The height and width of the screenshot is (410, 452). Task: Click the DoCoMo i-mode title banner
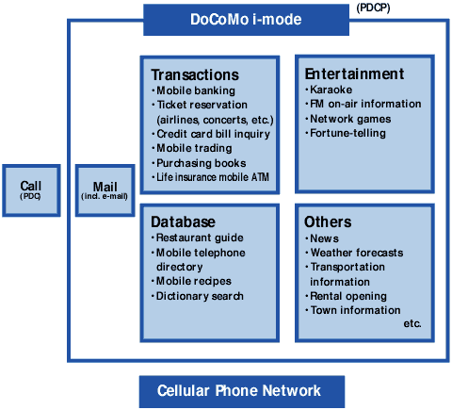click(246, 20)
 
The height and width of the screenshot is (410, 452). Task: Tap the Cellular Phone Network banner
click(242, 391)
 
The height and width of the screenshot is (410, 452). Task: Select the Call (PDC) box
click(31, 190)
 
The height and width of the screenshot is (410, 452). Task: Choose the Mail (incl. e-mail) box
click(105, 190)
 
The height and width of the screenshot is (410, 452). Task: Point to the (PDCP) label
click(373, 8)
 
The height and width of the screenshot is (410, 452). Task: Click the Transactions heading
click(195, 74)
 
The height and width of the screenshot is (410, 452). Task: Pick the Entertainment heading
click(354, 74)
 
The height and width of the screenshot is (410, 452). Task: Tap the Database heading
click(183, 221)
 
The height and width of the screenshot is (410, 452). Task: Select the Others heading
click(328, 221)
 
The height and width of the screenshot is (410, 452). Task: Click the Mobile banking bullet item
click(193, 90)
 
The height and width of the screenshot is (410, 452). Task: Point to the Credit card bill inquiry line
click(211, 134)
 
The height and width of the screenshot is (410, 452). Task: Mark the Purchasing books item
click(199, 163)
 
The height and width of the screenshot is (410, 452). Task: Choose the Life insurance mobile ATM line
click(210, 177)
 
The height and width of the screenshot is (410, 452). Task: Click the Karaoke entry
click(329, 90)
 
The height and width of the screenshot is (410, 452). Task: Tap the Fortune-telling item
click(346, 133)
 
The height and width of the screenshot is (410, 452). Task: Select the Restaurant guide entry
click(198, 238)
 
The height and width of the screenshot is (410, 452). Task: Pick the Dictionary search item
click(198, 296)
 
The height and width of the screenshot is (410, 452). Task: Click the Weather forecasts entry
click(354, 253)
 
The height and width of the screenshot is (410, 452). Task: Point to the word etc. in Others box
click(412, 323)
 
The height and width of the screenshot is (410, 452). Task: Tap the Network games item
click(348, 119)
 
